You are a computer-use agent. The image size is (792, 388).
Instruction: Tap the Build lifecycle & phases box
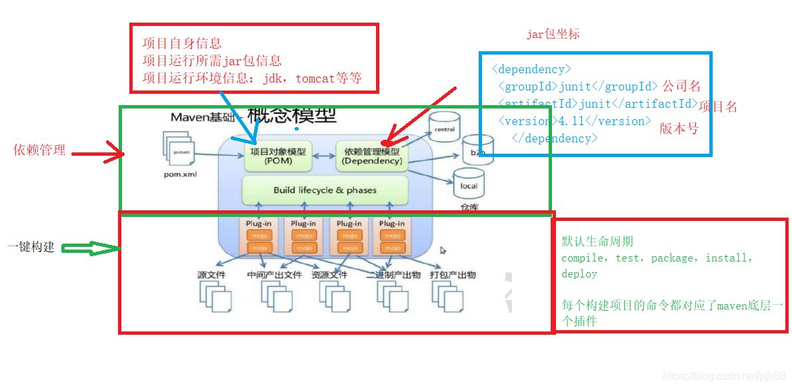pyautogui.click(x=325, y=190)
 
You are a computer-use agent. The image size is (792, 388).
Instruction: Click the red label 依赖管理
pyautogui.click(x=40, y=150)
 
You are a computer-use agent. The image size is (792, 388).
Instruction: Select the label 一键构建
pyautogui.click(x=31, y=248)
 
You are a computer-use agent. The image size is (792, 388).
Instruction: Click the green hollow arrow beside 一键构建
pyautogui.click(x=89, y=248)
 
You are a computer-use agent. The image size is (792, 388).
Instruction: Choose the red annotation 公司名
pyautogui.click(x=681, y=87)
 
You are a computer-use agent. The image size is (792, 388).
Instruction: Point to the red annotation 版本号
pyautogui.click(x=679, y=129)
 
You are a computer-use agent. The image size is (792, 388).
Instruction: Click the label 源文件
pyautogui.click(x=211, y=275)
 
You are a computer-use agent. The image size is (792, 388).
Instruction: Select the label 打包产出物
pyautogui.click(x=453, y=275)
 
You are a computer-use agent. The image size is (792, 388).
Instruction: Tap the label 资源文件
pyautogui.click(x=329, y=275)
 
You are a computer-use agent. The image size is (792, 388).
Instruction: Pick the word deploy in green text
pyautogui.click(x=579, y=274)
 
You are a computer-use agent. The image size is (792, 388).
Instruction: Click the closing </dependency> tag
pyautogui.click(x=554, y=138)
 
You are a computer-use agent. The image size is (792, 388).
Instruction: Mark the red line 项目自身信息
pyautogui.click(x=182, y=44)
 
